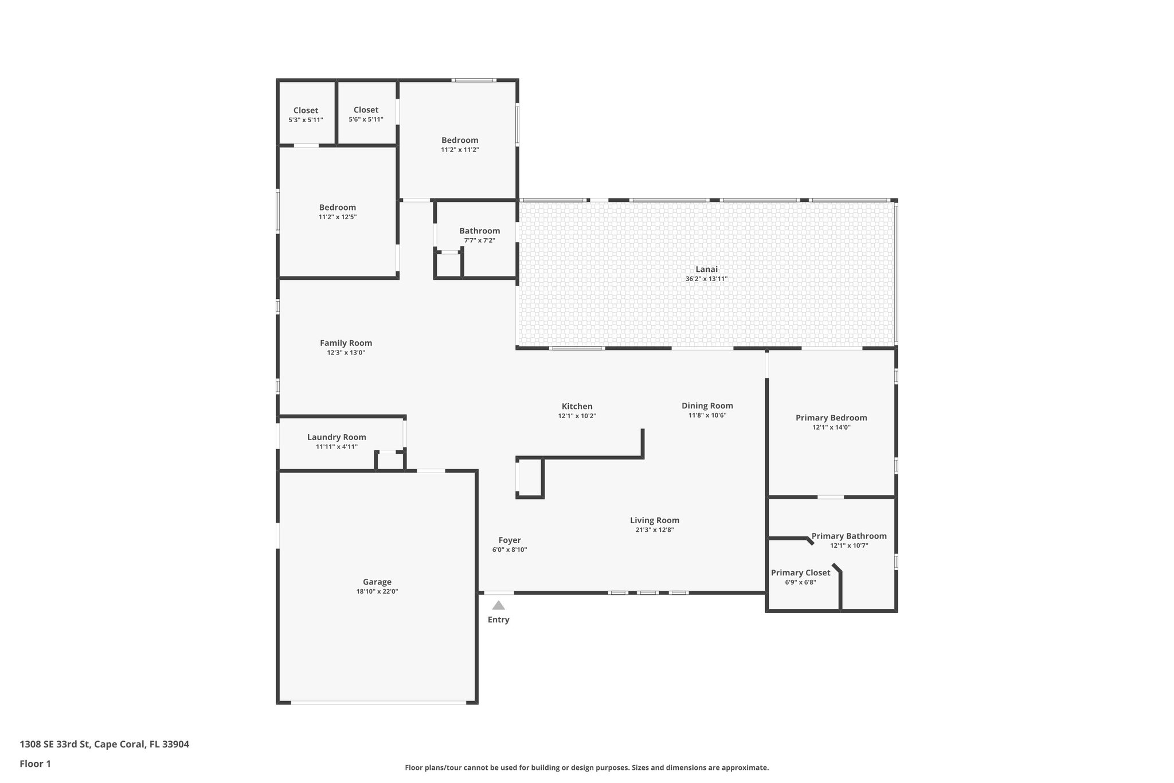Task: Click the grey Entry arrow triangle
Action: click(498, 605)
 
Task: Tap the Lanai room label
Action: click(706, 269)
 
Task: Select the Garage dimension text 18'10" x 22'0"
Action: click(377, 591)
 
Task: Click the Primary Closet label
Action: click(800, 572)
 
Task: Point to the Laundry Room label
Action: click(336, 437)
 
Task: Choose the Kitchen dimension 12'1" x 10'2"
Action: click(577, 416)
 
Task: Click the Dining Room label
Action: click(707, 406)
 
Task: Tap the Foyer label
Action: click(510, 540)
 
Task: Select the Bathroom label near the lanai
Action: click(480, 231)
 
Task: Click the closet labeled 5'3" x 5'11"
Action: click(306, 110)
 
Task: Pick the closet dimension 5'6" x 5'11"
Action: click(366, 119)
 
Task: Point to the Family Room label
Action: click(346, 343)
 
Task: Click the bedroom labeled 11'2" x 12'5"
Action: click(338, 207)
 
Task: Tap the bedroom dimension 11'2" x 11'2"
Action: click(460, 150)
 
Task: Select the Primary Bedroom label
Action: click(831, 418)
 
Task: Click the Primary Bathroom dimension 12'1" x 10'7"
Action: click(849, 546)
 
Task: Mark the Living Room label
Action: click(655, 520)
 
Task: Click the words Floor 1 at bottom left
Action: click(36, 763)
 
